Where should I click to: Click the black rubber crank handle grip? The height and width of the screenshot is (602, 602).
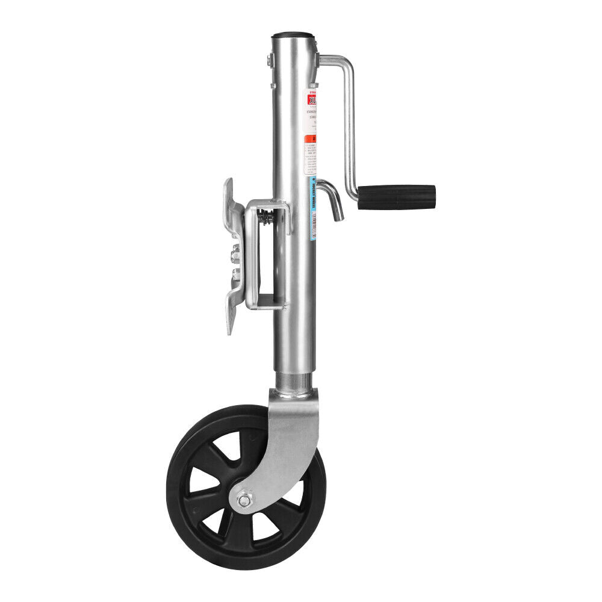tap(397, 197)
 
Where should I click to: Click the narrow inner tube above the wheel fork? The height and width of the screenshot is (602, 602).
tap(293, 380)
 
